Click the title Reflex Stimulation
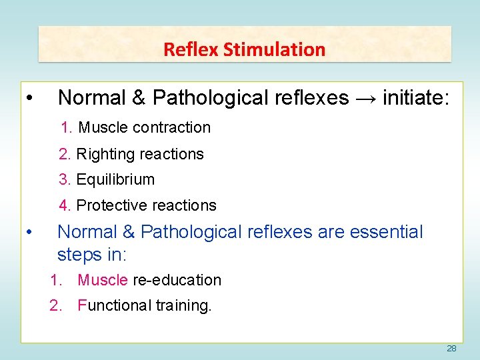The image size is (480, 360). tap(244, 49)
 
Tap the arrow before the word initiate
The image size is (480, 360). tap(366, 98)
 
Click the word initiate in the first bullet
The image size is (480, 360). tap(416, 98)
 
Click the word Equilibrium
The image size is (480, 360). tap(115, 179)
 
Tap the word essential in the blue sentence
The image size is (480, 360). tap(386, 232)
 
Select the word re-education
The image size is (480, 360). tap(177, 280)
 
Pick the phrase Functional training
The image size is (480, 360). tap(144, 305)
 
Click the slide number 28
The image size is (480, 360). tap(451, 349)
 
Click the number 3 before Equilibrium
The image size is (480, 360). tap(63, 179)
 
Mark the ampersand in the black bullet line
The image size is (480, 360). tap(139, 98)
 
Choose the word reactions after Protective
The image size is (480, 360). tap(185, 205)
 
